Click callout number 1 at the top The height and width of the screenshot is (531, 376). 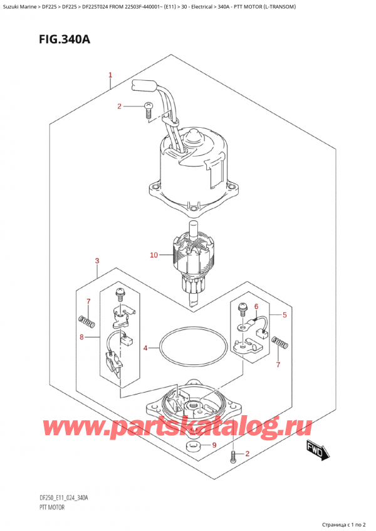pyautogui.click(x=110, y=76)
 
